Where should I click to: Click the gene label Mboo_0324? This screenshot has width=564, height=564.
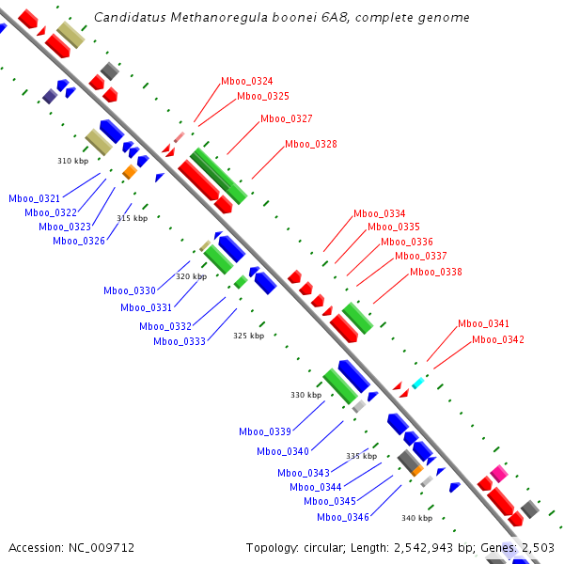pos(247,82)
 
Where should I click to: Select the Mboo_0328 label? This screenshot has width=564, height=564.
pos(310,145)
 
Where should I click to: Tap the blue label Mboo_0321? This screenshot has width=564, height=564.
pos(35,198)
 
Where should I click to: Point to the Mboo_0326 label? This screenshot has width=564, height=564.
pos(79,241)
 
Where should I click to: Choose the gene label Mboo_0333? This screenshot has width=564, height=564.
pos(180,341)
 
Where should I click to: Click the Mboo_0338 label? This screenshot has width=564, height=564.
pos(436,273)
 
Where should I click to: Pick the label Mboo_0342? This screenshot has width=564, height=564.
pos(498,339)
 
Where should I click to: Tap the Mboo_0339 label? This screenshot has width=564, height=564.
pos(265,432)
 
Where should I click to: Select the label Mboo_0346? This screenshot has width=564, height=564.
pos(343,517)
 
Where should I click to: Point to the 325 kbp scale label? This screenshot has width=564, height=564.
pos(249,336)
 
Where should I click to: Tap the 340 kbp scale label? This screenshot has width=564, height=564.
pos(416,518)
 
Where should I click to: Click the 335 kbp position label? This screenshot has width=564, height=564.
pos(361,456)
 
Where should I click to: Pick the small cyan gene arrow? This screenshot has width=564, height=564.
pos(418,383)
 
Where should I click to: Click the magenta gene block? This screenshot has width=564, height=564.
pos(499,474)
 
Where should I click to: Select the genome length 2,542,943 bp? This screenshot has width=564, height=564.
pos(443,547)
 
